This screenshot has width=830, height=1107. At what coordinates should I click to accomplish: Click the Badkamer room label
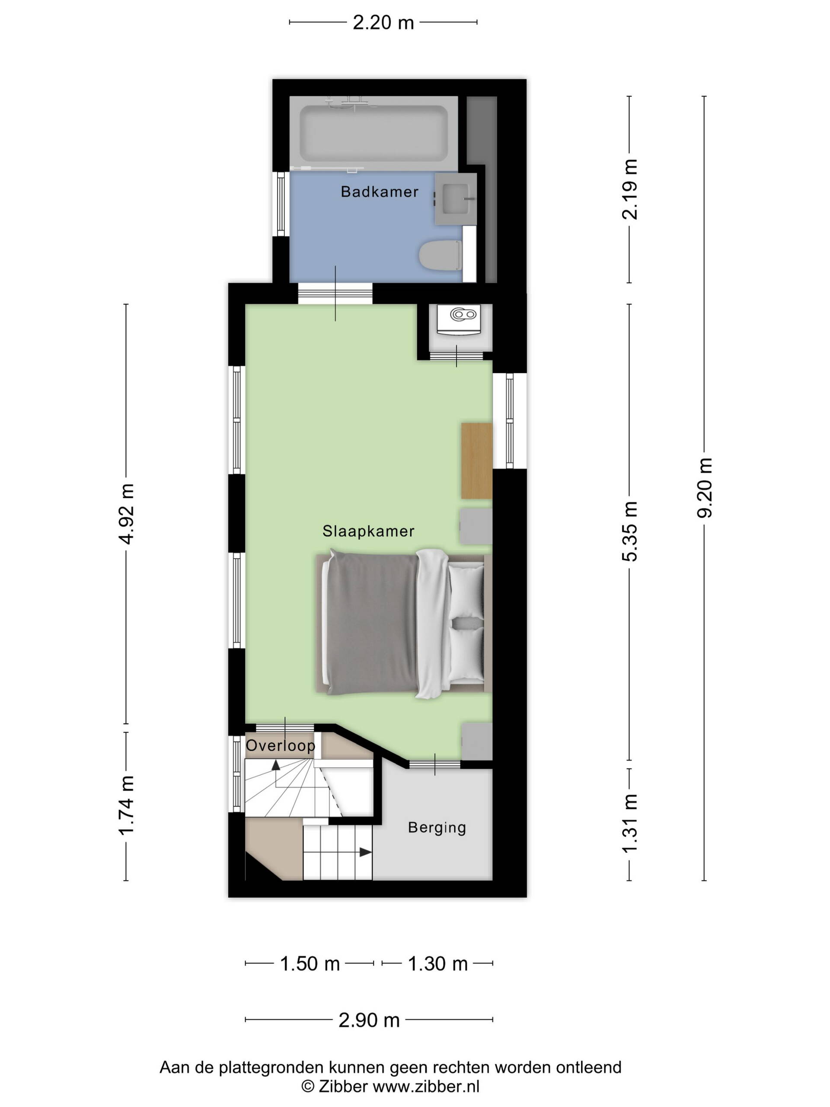pyautogui.click(x=379, y=192)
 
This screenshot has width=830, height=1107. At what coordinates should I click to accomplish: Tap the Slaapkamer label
pyautogui.click(x=368, y=531)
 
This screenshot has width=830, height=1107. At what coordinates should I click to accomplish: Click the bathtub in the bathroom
pyautogui.click(x=374, y=133)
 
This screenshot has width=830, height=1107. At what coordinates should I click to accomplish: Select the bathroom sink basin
pyautogui.click(x=455, y=198)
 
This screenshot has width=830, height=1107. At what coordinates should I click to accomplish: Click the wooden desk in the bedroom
pyautogui.click(x=476, y=461)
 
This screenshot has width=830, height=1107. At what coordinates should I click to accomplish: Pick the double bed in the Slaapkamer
pyautogui.click(x=403, y=624)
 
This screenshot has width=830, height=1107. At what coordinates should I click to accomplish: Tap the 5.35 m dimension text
pyautogui.click(x=629, y=531)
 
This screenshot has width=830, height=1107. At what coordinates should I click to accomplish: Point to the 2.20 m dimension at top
pyautogui.click(x=383, y=22)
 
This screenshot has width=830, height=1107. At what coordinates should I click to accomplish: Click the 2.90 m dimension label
pyautogui.click(x=369, y=1020)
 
